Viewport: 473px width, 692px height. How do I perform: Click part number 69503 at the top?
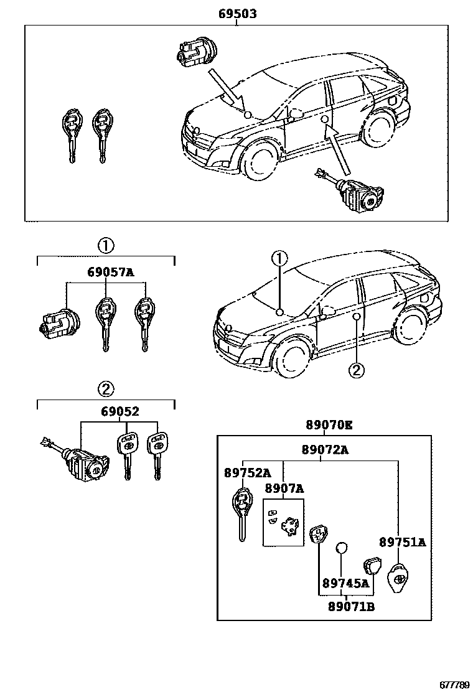pos(237,14)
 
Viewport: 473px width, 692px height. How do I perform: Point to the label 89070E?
pos(329,426)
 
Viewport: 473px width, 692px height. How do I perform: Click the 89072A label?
pos(325,449)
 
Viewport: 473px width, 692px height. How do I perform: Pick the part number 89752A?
pos(248,473)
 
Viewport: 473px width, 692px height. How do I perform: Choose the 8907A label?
pos(284,489)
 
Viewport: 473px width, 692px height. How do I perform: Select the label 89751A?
pos(402,543)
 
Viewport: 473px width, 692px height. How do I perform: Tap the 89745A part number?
pos(345,584)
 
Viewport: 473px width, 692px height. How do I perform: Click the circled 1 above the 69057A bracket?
pos(105,245)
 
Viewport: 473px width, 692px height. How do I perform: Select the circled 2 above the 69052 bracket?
pos(105,390)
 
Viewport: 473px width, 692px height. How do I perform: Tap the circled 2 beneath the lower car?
pos(355,370)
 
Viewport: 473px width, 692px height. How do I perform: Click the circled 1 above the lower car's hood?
pos(279,258)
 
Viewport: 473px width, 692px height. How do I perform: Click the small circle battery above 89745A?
pos(341,548)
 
